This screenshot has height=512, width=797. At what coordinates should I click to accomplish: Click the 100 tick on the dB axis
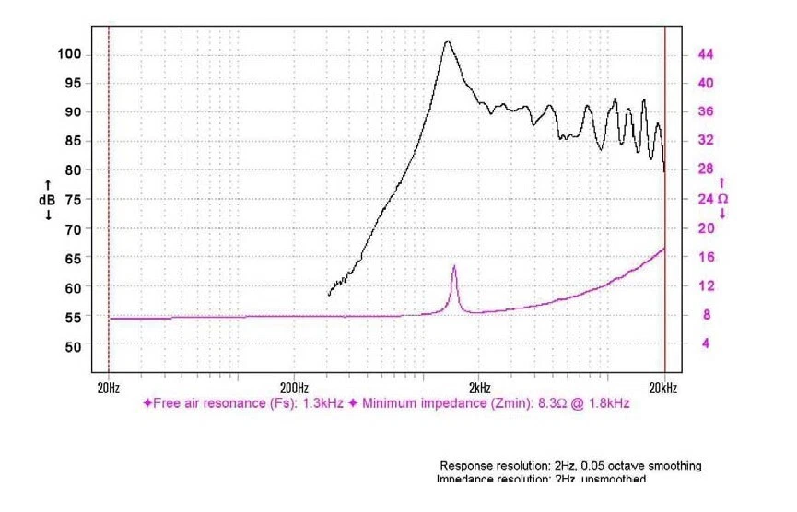(x=71, y=54)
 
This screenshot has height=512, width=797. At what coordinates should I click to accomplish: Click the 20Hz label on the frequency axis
(x=108, y=388)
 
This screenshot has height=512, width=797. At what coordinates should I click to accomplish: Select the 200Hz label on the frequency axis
(x=293, y=388)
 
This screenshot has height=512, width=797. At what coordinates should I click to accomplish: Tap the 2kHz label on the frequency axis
(x=478, y=388)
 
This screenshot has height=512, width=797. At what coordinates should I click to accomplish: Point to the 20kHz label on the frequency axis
(x=663, y=388)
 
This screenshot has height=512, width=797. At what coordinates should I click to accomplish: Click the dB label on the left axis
(x=46, y=199)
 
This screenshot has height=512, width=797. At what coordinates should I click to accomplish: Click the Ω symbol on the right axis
(x=723, y=199)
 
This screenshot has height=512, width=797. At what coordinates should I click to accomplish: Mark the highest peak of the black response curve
(x=448, y=41)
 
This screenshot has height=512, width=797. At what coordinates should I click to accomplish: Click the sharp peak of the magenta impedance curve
(x=454, y=266)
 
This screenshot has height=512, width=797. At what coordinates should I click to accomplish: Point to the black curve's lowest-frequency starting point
(x=328, y=295)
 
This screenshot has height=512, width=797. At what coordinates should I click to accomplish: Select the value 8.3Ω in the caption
(x=555, y=403)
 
